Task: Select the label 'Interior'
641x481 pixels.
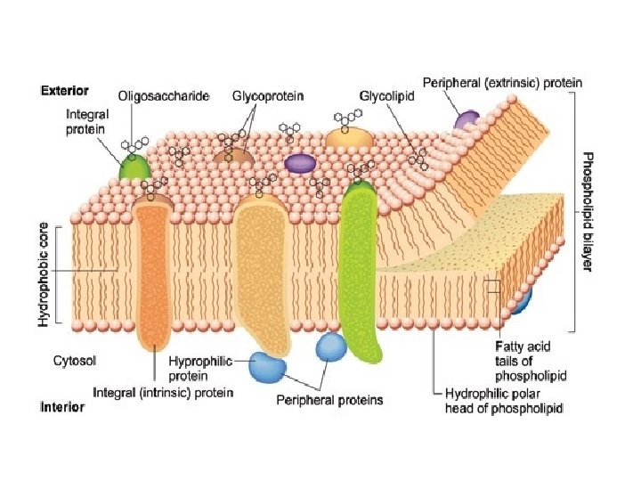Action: pyautogui.click(x=62, y=407)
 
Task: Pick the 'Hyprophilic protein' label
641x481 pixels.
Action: pyautogui.click(x=200, y=367)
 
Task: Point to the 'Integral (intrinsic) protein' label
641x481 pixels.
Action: pyautogui.click(x=164, y=392)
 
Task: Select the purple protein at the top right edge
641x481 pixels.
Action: pyautogui.click(x=467, y=120)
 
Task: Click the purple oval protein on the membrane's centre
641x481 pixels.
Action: pyautogui.click(x=300, y=164)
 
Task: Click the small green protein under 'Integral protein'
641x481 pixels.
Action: pyautogui.click(x=134, y=167)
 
